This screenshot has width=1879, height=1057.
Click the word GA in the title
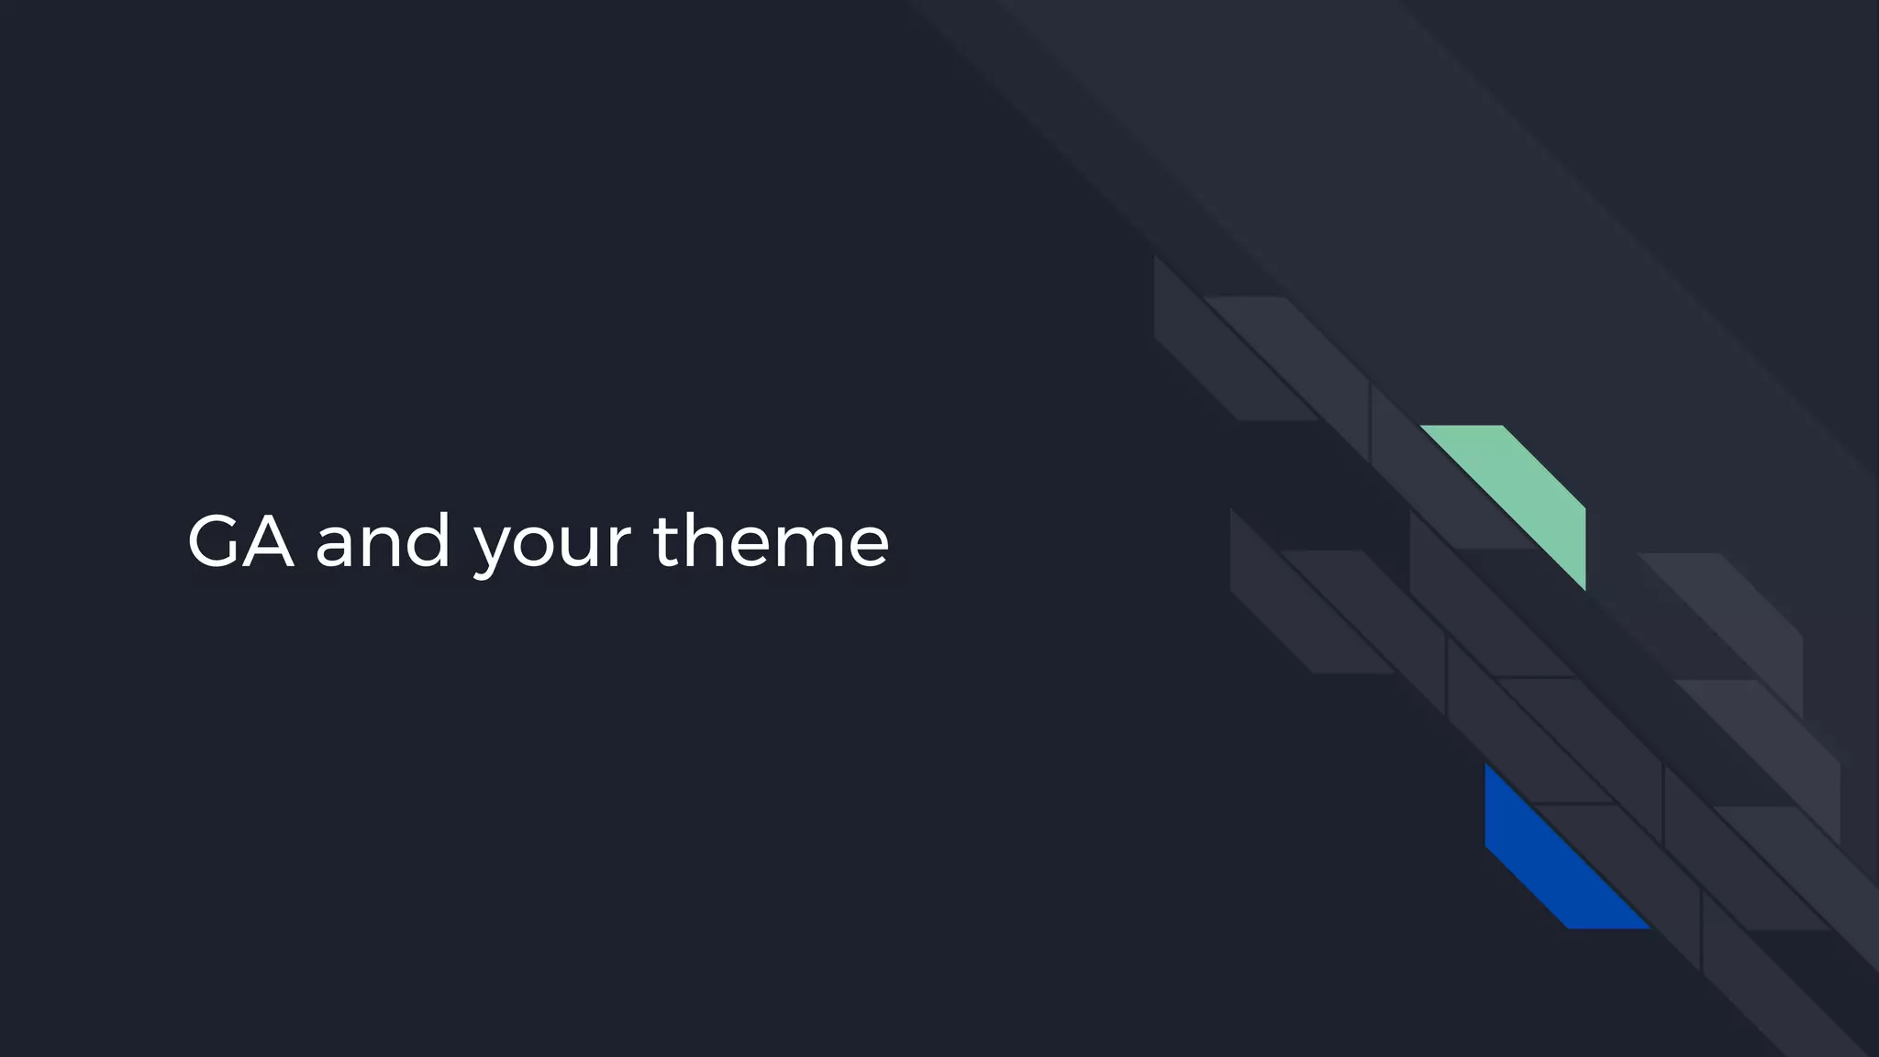[x=240, y=541]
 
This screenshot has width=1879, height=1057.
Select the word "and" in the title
[x=383, y=541]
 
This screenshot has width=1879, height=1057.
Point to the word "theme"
[x=771, y=541]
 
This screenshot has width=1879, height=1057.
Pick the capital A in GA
[x=267, y=541]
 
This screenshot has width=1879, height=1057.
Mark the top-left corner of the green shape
[x=1422, y=427]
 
